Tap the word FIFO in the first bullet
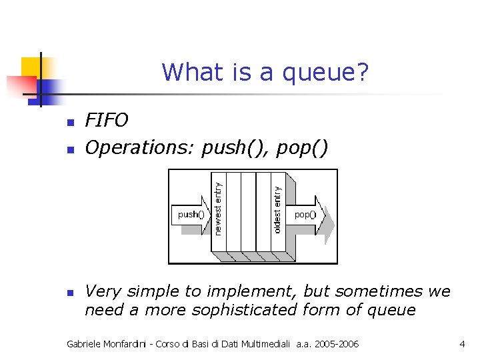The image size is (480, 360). (107, 120)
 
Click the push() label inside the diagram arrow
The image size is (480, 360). (191, 215)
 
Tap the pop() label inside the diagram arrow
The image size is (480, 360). (305, 215)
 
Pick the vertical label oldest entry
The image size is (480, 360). (277, 209)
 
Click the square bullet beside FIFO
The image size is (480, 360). (69, 122)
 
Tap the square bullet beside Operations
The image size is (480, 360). (69, 149)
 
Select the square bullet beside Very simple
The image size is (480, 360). (69, 293)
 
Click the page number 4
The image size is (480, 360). (462, 344)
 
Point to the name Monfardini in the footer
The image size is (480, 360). (125, 344)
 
